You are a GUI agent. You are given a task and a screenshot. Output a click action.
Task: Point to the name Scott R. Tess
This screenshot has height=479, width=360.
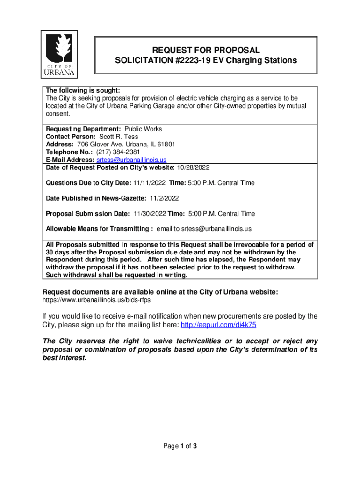point(119,137)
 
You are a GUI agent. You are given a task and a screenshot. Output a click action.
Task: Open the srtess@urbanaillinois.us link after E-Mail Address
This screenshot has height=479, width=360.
point(131,160)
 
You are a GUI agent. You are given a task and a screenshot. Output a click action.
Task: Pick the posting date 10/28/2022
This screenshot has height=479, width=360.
point(193,167)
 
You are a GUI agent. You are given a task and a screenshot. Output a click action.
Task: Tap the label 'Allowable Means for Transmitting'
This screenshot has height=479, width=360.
point(98,229)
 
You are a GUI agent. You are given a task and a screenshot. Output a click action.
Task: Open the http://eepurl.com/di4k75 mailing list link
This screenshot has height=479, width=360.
point(218,325)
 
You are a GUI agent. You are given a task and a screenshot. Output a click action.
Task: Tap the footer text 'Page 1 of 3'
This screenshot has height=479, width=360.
point(180,446)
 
